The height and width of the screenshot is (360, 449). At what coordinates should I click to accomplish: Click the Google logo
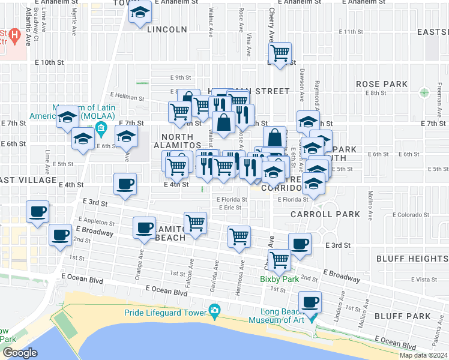pyautogui.click(x=20, y=353)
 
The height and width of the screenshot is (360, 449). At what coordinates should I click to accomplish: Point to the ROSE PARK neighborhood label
pyautogui.click(x=381, y=85)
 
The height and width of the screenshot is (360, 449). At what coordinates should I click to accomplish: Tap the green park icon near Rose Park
pyautogui.click(x=425, y=92)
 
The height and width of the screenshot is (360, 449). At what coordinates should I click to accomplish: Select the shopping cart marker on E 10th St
pyautogui.click(x=280, y=53)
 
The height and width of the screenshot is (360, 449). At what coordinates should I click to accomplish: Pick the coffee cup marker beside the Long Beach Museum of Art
pyautogui.click(x=310, y=302)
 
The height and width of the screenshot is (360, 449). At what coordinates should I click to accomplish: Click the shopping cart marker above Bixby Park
pyautogui.click(x=279, y=260)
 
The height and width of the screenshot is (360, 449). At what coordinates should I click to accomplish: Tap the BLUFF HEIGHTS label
pyautogui.click(x=412, y=259)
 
